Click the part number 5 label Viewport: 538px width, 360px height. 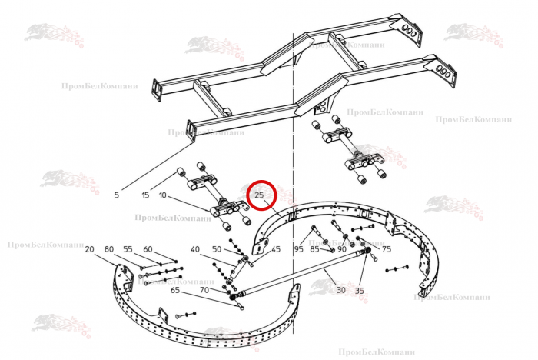(117, 195)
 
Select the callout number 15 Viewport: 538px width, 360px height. (146, 195)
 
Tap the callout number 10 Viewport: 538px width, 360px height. (163, 195)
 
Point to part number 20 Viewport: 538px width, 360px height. (89, 249)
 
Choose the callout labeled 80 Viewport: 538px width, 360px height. (109, 249)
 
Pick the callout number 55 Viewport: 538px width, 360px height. (128, 249)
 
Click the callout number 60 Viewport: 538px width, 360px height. (148, 249)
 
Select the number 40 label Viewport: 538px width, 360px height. (195, 249)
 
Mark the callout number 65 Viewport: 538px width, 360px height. (175, 290)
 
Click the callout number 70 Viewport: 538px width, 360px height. (204, 290)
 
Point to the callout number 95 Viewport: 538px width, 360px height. (298, 249)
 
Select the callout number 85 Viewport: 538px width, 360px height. (315, 249)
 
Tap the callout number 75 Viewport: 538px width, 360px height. (387, 249)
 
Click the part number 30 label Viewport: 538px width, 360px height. (341, 290)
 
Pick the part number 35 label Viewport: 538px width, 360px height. (359, 290)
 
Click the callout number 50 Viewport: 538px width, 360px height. (217, 249)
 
